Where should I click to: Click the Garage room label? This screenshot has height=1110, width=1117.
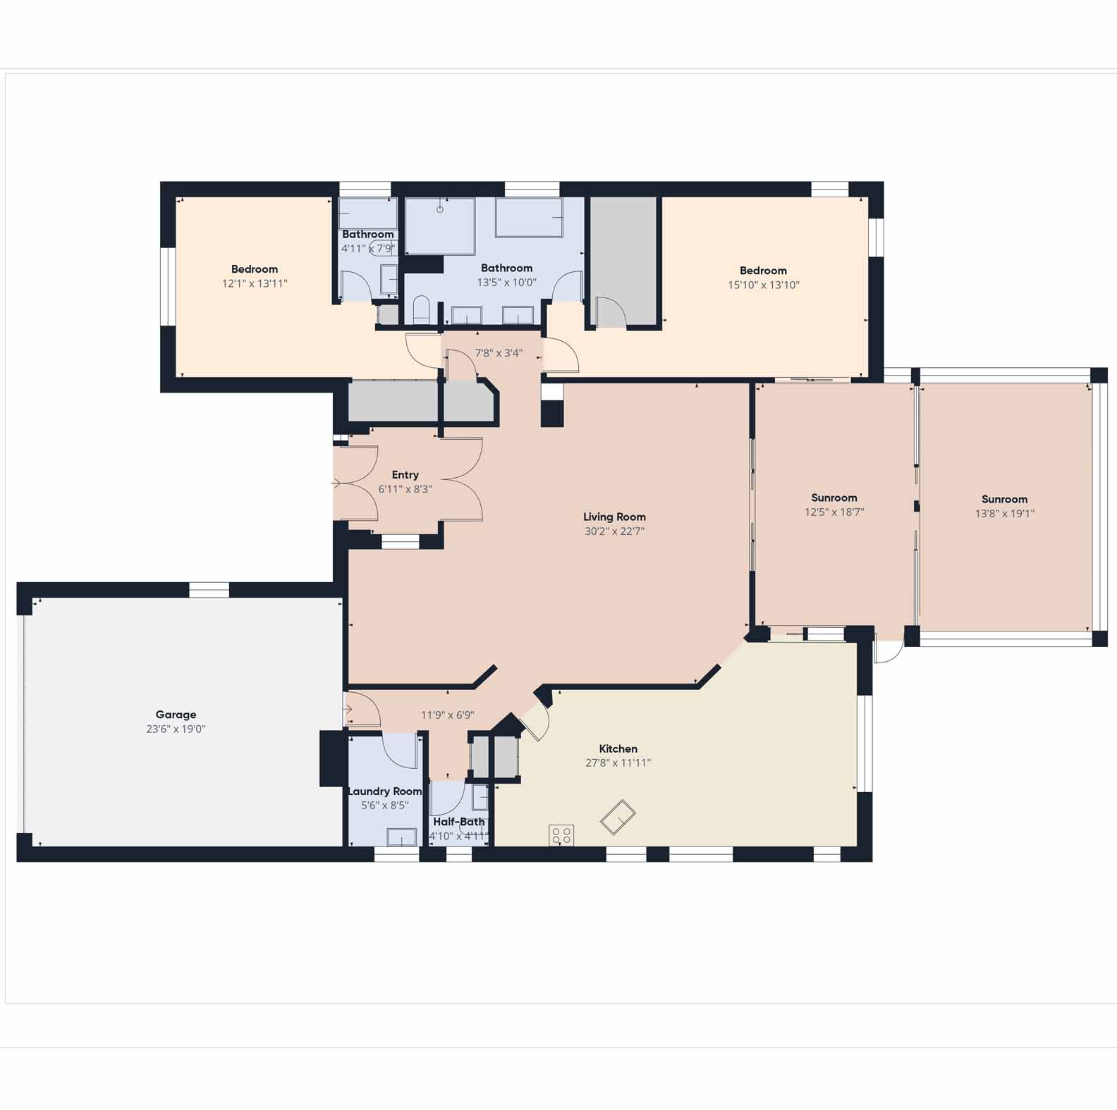click(x=176, y=715)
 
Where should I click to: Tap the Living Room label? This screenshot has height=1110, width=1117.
click(x=614, y=517)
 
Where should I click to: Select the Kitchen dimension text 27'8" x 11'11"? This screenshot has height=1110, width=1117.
click(x=618, y=763)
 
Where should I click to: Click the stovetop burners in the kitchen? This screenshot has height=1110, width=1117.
click(x=561, y=835)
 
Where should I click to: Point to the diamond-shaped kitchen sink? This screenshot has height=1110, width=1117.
click(x=618, y=817)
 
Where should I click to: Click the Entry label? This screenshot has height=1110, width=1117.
click(x=405, y=475)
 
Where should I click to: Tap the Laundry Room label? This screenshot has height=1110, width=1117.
click(x=385, y=791)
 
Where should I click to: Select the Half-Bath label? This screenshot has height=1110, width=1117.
click(x=459, y=822)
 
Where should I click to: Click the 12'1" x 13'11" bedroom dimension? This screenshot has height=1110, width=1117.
click(x=255, y=283)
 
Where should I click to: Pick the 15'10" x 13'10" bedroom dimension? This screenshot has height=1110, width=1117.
click(x=764, y=285)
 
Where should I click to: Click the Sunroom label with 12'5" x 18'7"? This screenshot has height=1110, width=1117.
click(x=834, y=498)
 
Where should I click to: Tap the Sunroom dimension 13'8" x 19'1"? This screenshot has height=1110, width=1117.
click(x=1004, y=514)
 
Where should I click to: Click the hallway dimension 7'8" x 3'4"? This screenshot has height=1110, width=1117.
click(x=499, y=353)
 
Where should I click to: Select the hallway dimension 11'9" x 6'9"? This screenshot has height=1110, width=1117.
click(x=448, y=715)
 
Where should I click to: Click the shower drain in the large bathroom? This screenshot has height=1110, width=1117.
click(x=440, y=209)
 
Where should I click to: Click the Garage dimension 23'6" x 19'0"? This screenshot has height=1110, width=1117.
click(x=176, y=729)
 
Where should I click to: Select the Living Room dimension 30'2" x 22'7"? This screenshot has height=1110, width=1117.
click(x=614, y=531)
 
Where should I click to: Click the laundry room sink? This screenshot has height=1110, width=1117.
click(x=402, y=837)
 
